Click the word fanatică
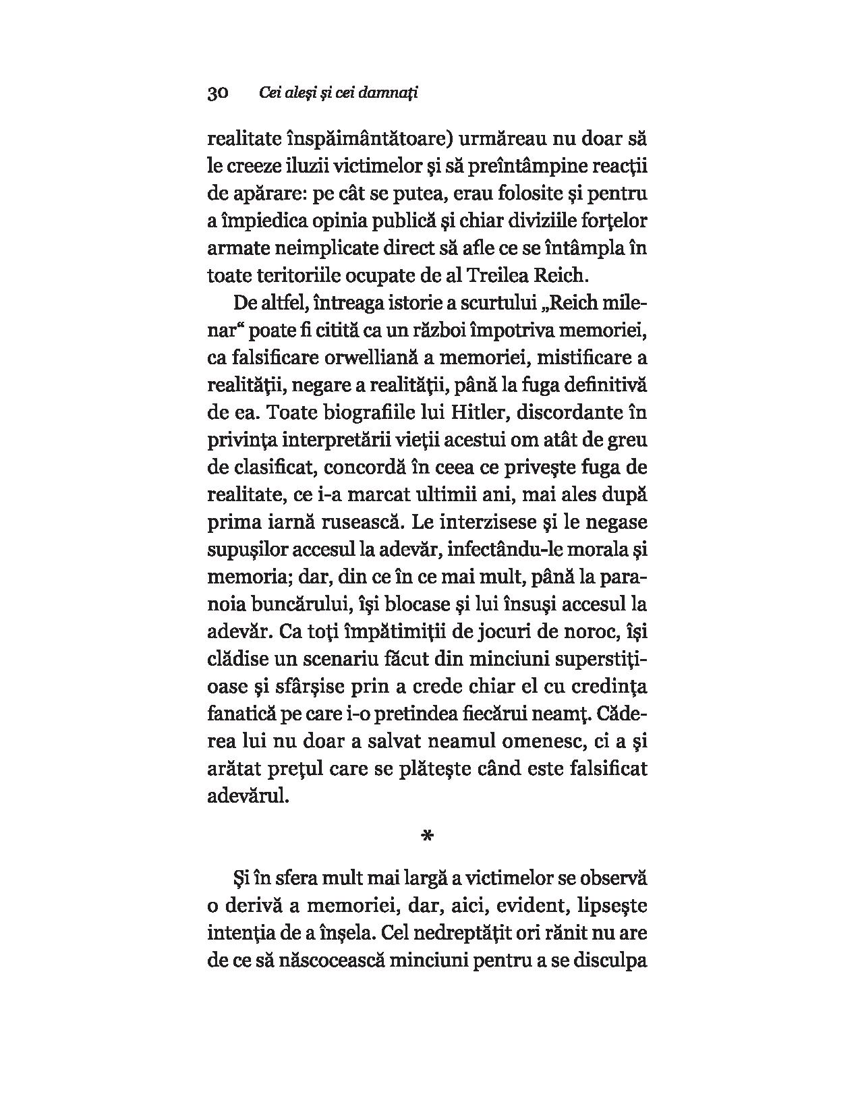(x=241, y=713)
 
